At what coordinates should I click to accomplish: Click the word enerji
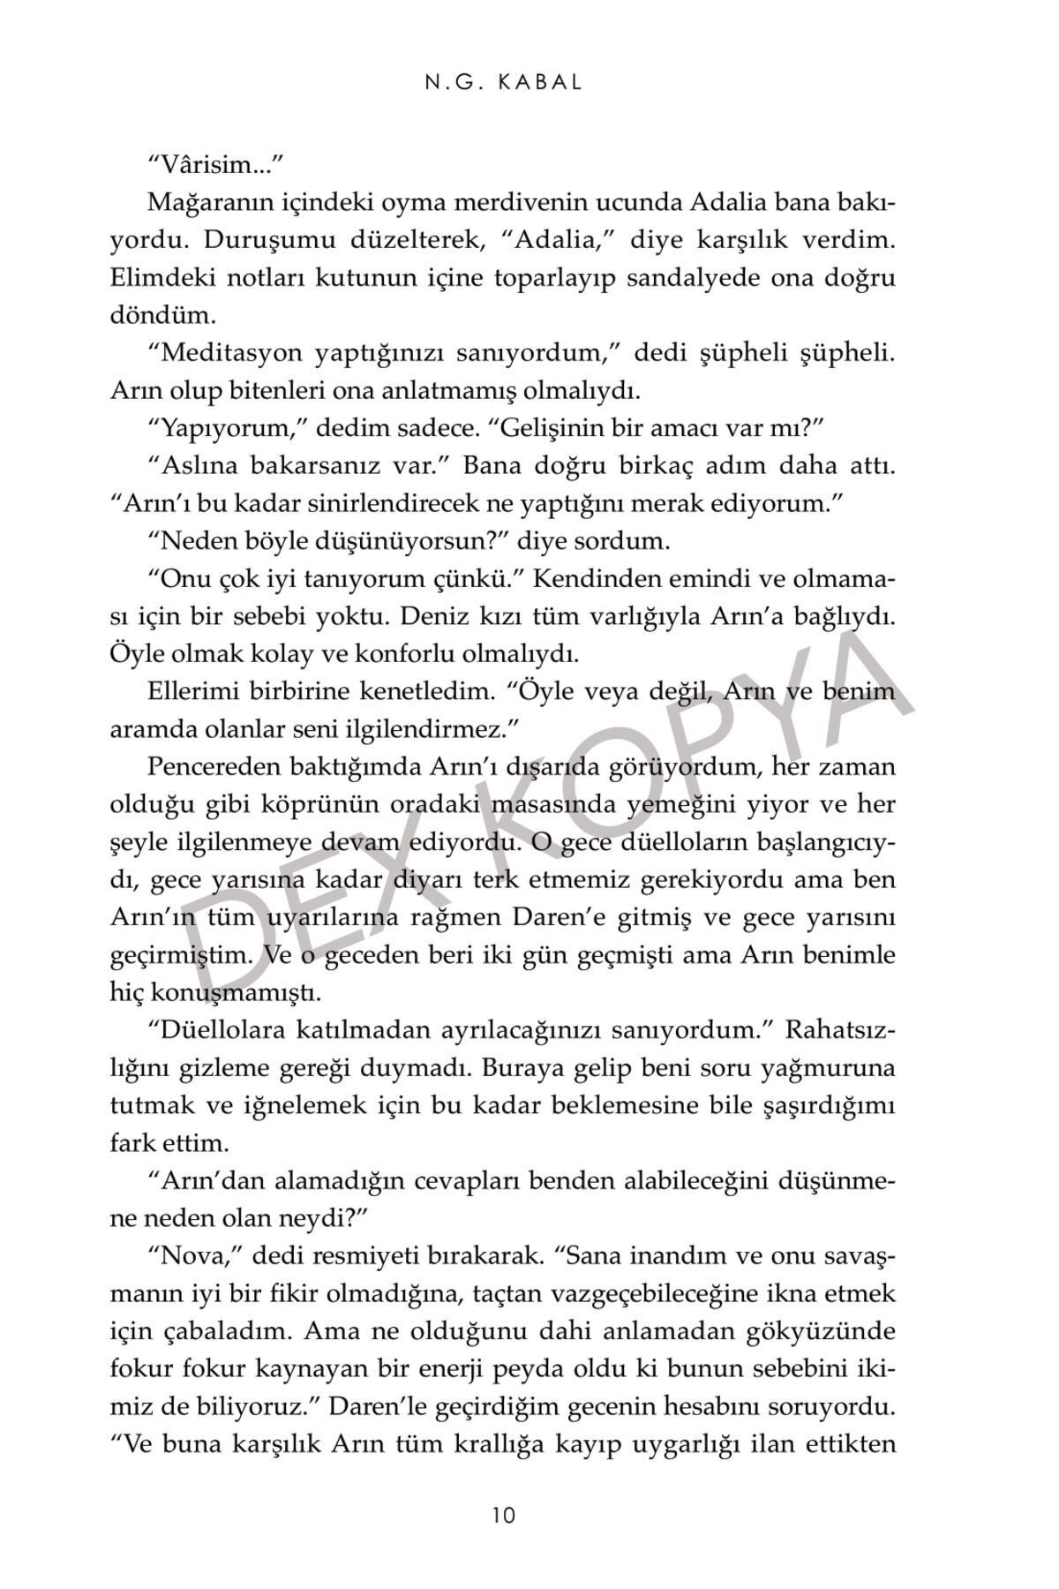(501, 1368)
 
